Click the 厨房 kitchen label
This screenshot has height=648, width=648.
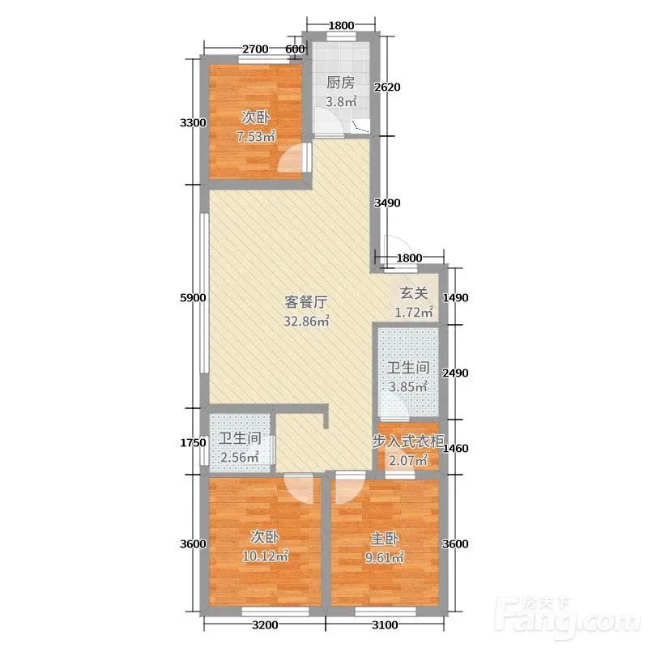coord(340,83)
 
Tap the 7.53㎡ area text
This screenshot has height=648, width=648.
coord(256,136)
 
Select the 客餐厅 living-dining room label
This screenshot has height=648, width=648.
coord(306,302)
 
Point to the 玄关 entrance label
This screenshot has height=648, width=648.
coord(414,293)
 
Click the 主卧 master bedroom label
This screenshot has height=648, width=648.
coord(384,539)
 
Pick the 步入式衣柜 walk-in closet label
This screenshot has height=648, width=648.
coord(408,441)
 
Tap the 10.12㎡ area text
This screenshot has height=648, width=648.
coord(265,556)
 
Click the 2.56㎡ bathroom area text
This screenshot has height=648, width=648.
coord(240,458)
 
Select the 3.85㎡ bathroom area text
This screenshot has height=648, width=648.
coord(408,387)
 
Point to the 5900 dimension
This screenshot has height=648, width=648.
coord(193,297)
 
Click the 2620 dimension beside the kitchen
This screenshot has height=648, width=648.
coord(387,87)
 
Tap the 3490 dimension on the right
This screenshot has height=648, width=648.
coord(387,203)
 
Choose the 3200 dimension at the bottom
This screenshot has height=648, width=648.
coord(265,625)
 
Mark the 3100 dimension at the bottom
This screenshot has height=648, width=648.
coord(385,625)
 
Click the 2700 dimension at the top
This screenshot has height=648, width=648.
coord(255,49)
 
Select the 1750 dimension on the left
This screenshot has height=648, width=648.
coord(193,443)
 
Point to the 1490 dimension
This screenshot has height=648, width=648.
coord(455,297)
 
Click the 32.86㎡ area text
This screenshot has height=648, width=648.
coord(306,321)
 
